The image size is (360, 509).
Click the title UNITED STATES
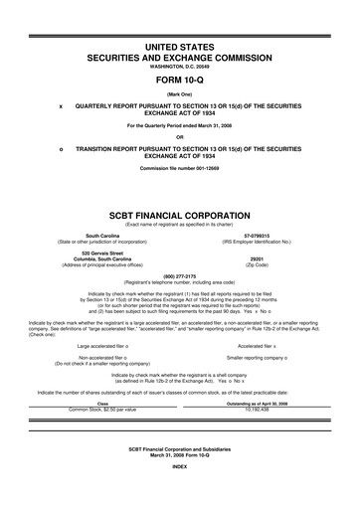[180, 47]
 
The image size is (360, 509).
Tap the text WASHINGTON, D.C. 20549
[180, 69]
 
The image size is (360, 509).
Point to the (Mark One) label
[180, 94]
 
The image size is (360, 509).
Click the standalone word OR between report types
[180, 136]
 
